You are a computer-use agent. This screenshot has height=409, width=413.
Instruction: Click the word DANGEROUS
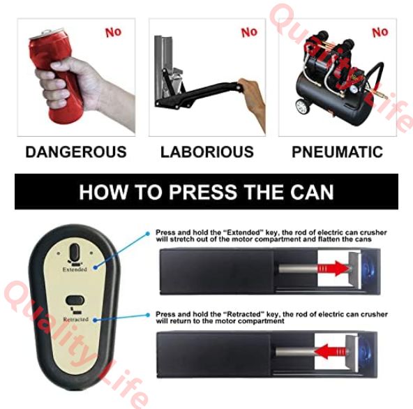(x=76, y=151)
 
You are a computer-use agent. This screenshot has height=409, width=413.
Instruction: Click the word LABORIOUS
(x=207, y=151)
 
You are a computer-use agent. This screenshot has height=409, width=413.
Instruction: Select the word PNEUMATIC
(x=337, y=151)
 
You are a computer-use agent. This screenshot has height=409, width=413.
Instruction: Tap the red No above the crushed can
(x=113, y=32)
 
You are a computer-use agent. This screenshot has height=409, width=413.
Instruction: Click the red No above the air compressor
(x=380, y=32)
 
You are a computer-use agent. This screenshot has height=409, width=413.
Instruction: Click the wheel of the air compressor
(x=301, y=107)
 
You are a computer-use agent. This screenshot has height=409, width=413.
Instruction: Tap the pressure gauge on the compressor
(x=354, y=89)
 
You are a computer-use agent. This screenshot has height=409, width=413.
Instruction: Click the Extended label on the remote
(x=75, y=269)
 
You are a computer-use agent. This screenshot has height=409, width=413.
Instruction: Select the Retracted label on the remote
(x=75, y=320)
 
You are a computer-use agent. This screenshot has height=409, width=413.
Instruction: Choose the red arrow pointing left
(x=329, y=351)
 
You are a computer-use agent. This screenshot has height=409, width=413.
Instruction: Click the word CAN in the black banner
(x=312, y=192)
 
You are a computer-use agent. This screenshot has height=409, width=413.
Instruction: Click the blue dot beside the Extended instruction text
(x=148, y=234)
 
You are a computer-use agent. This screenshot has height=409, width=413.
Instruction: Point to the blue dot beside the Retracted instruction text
(x=148, y=315)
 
